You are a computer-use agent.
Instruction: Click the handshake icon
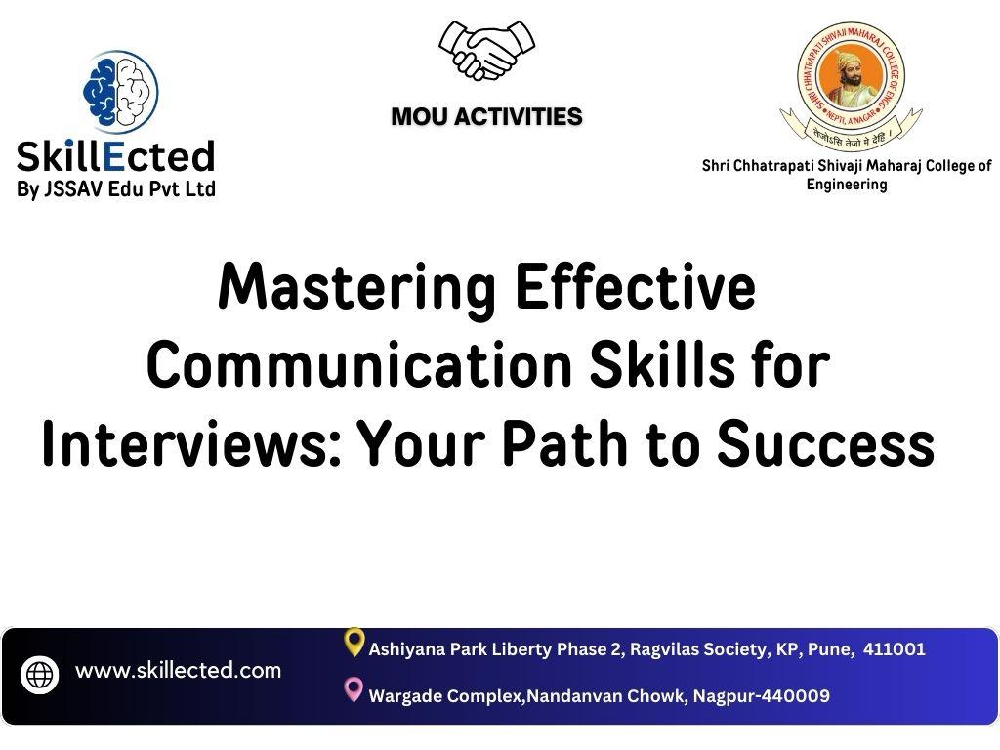coord(486,51)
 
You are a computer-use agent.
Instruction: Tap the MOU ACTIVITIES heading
coord(486,117)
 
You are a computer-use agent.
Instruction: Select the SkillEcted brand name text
coord(116,156)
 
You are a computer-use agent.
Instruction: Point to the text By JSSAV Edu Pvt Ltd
coord(116,189)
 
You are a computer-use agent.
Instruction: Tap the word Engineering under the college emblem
coord(846,185)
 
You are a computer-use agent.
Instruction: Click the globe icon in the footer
coord(40,675)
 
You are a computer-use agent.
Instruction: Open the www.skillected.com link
coord(178,671)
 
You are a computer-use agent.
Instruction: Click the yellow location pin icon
coord(354,643)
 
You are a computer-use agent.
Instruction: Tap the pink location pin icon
coord(354,690)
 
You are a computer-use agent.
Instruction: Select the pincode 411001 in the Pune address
coord(894,649)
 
